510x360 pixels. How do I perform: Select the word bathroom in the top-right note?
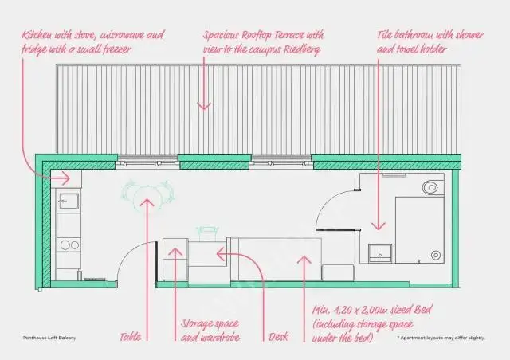click(x=415, y=36)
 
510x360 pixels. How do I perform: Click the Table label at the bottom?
click(x=131, y=336)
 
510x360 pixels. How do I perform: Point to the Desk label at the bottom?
click(x=278, y=336)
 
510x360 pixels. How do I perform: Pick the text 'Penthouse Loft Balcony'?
click(x=49, y=338)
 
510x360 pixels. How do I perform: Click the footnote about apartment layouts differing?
click(x=441, y=338)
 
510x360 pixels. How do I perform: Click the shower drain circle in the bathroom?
click(x=435, y=254)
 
